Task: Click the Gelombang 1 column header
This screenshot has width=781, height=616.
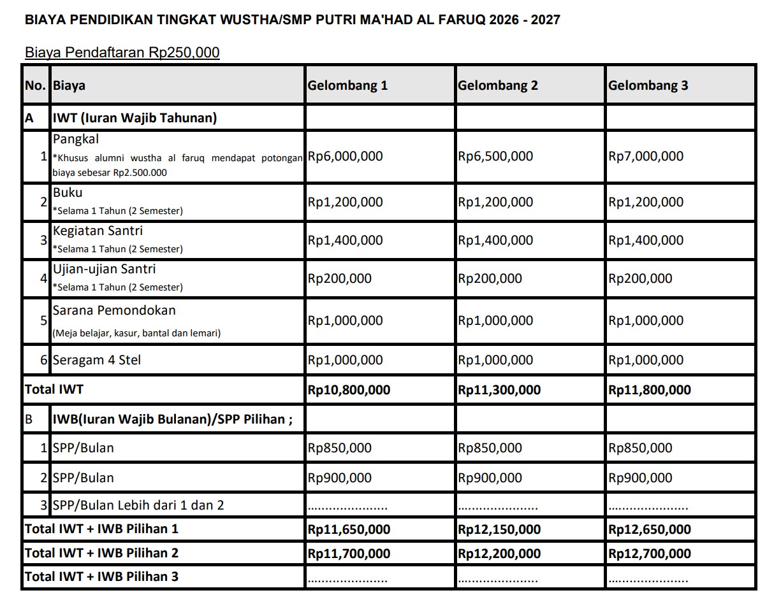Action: (x=347, y=85)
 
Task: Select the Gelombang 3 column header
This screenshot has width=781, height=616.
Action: (x=648, y=85)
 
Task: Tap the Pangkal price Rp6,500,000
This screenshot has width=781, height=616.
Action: (x=495, y=156)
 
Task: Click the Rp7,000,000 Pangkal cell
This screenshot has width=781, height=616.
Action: (x=646, y=156)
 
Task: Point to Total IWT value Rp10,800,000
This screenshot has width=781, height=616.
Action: (x=349, y=390)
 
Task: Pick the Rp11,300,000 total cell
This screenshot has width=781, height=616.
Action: (x=499, y=390)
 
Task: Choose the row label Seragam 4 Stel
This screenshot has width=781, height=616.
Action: (x=97, y=360)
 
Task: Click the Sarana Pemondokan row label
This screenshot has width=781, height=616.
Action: (x=114, y=311)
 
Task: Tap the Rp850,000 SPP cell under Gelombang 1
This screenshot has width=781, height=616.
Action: (x=339, y=448)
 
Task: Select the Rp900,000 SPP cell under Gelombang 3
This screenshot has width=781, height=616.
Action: (x=640, y=478)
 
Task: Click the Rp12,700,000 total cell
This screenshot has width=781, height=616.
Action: (x=650, y=554)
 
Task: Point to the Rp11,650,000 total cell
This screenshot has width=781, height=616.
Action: (x=349, y=529)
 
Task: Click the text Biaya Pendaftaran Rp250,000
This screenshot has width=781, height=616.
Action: (x=122, y=52)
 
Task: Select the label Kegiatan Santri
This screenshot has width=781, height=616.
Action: (x=98, y=231)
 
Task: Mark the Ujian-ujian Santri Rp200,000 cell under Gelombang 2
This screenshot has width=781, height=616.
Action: (x=490, y=278)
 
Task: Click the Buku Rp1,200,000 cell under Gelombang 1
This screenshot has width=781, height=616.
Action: (x=345, y=202)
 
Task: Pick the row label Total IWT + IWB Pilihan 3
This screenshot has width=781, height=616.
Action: (x=101, y=577)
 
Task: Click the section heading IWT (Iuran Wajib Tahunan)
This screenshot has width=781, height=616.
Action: (x=135, y=118)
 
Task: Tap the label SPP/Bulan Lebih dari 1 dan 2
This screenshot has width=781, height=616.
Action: (x=138, y=505)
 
